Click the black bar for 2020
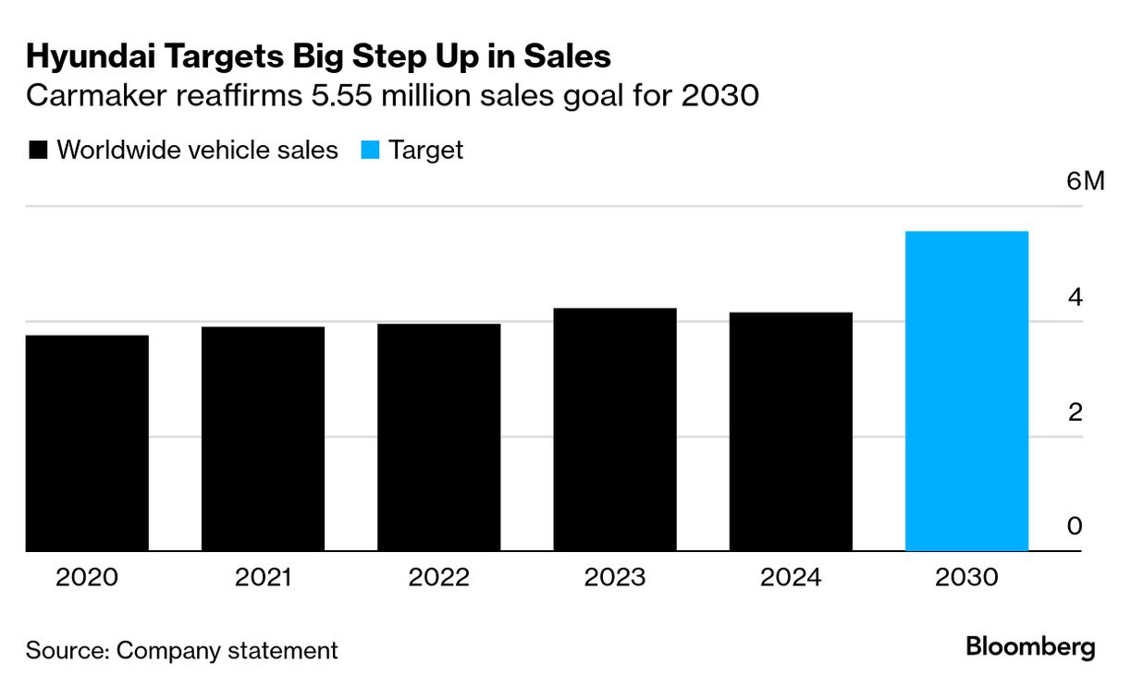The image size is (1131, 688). (87, 443)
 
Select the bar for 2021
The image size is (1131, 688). (263, 439)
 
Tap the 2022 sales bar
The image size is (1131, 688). (438, 437)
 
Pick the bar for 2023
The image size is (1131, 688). (615, 430)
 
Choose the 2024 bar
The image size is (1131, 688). (791, 432)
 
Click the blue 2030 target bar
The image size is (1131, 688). (966, 391)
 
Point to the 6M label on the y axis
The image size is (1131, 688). (1085, 180)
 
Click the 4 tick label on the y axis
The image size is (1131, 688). (1075, 297)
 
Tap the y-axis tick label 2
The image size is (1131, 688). (1075, 412)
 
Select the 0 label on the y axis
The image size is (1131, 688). (1075, 526)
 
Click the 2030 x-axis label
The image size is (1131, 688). (966, 578)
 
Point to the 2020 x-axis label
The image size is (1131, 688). (87, 578)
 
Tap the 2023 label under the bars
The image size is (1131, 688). (615, 578)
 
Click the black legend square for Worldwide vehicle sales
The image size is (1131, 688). (38, 151)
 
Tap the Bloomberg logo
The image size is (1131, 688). (1030, 647)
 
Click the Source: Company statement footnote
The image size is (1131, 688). (182, 650)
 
